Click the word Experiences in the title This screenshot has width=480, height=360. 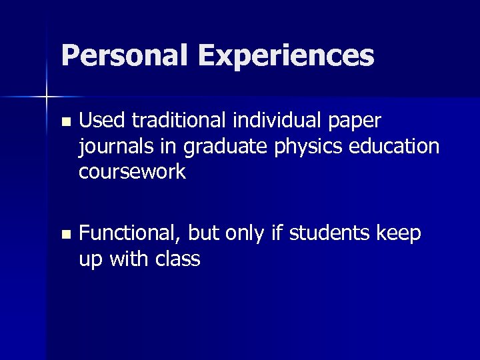[285, 55]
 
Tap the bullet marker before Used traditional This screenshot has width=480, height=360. [65, 122]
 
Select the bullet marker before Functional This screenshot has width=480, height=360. [65, 235]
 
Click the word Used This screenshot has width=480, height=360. [102, 121]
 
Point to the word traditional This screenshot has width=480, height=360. [175, 121]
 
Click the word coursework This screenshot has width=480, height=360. [132, 171]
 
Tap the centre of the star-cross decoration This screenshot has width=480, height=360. [47, 97]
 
